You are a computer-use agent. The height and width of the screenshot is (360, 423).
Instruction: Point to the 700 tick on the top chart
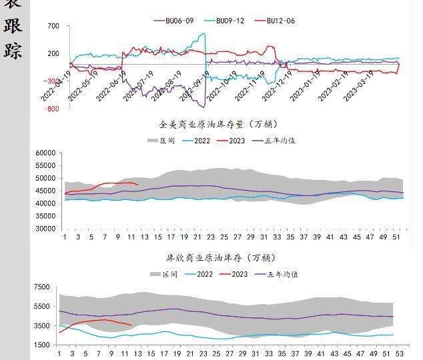tap(53, 27)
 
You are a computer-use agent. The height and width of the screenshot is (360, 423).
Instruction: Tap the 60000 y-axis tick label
tap(45, 153)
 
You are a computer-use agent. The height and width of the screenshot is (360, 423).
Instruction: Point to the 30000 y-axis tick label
tap(45, 229)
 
